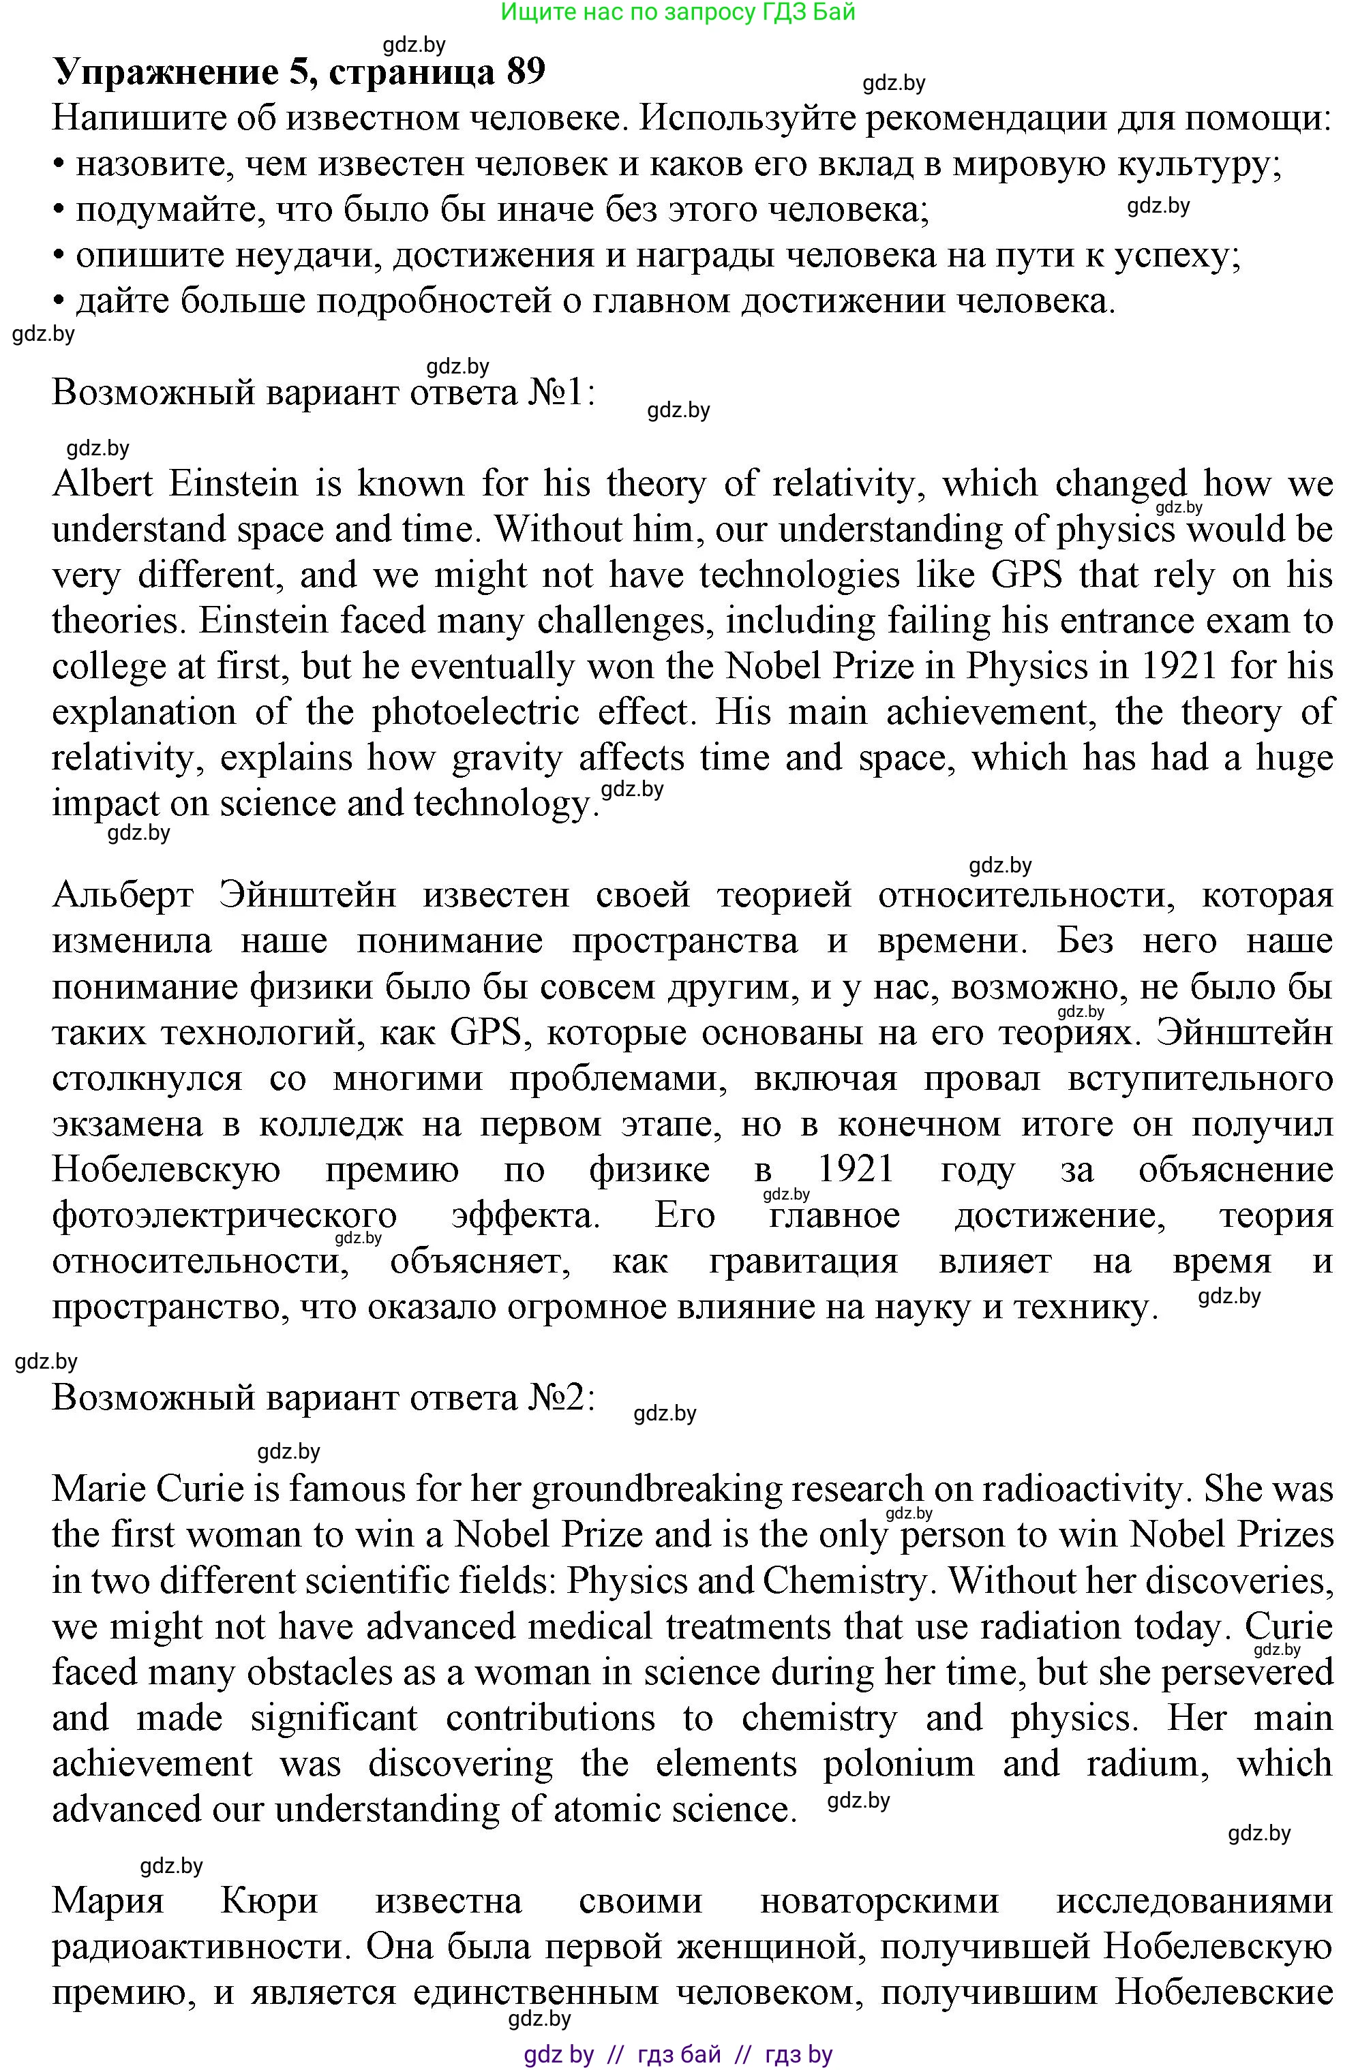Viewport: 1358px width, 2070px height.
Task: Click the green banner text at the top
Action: [x=678, y=12]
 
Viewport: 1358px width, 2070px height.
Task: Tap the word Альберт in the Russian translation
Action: [x=123, y=895]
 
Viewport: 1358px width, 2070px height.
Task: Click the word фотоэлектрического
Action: [x=224, y=1216]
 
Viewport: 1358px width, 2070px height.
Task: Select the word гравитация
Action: [x=803, y=1261]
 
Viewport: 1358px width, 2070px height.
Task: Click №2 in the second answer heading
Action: [x=560, y=1398]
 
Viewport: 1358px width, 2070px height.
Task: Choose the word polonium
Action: [x=899, y=1764]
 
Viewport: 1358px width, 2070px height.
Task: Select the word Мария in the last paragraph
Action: [x=108, y=1901]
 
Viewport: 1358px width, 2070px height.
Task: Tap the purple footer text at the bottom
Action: [x=678, y=2054]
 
